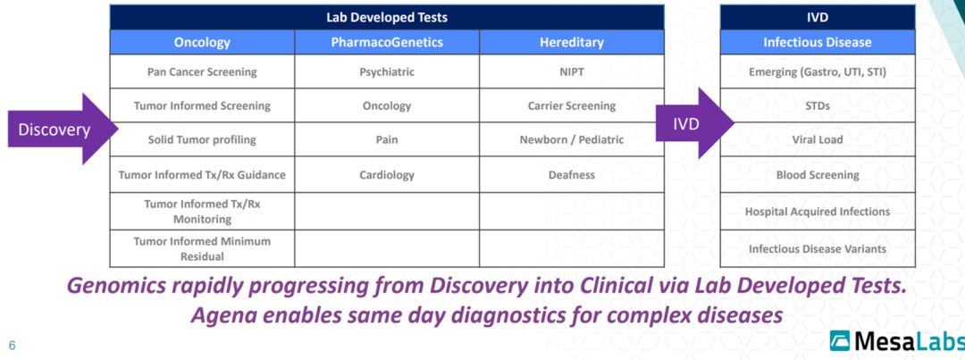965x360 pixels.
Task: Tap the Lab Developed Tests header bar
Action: coord(387,16)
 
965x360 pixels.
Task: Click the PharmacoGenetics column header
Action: coord(387,42)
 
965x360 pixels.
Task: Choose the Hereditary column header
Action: coord(571,42)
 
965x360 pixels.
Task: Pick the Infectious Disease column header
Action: coord(817,42)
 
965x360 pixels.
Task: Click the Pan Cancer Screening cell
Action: coord(202,71)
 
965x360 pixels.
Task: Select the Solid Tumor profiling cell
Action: coord(202,140)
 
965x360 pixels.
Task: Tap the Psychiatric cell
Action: coord(387,71)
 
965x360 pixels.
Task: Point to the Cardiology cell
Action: coord(387,175)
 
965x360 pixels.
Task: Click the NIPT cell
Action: coord(571,71)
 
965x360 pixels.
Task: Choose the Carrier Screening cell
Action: coord(571,105)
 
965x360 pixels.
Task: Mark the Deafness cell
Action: coord(571,175)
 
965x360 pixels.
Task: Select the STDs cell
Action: coord(817,105)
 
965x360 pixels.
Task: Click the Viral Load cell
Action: coord(817,140)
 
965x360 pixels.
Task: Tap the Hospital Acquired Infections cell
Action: coord(817,212)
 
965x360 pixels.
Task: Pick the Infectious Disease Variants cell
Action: coord(817,249)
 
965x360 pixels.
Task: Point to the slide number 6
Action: coord(12,345)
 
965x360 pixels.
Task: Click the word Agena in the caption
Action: coord(221,315)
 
